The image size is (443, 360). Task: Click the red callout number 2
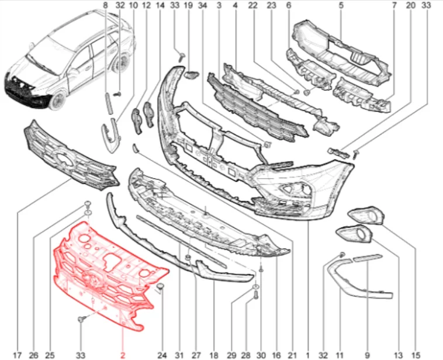pyautogui.click(x=123, y=355)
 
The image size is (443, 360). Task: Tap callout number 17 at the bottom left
pyautogui.click(x=17, y=355)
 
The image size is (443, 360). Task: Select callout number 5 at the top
pyautogui.click(x=341, y=5)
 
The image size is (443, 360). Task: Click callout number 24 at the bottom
pyautogui.click(x=162, y=355)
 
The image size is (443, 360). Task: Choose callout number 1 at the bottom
pyautogui.click(x=307, y=355)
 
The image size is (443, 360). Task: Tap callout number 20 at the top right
pyautogui.click(x=411, y=5)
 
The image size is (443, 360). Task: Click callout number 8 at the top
pyautogui.click(x=105, y=5)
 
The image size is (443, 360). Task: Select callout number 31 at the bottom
pyautogui.click(x=179, y=355)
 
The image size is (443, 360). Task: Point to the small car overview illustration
pyautogui.click(x=69, y=61)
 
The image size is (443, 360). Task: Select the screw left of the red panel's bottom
pyautogui.click(x=82, y=319)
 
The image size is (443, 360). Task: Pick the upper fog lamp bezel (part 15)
pyautogui.click(x=366, y=216)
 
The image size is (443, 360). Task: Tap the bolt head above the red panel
pyautogui.click(x=88, y=203)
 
